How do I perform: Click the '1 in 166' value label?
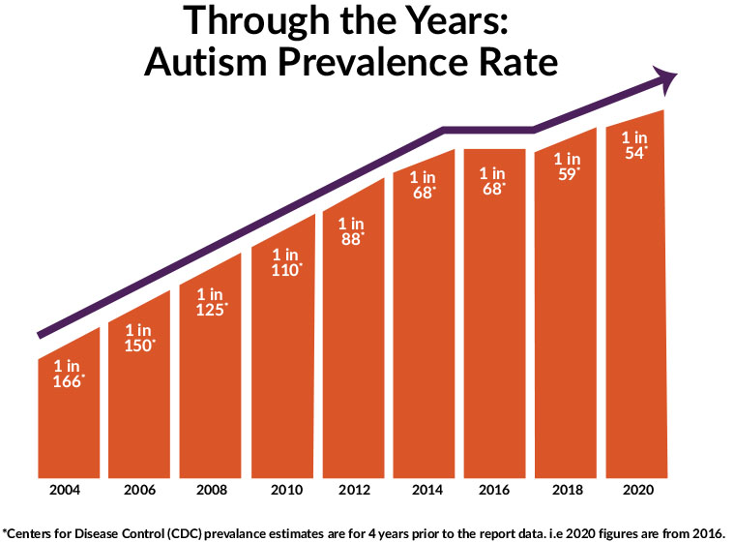69,374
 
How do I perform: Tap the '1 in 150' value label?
139,338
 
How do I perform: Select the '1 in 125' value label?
211,301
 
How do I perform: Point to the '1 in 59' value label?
566,166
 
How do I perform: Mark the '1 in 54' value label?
634,145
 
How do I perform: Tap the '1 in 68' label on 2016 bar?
494,181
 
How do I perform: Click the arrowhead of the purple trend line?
666,79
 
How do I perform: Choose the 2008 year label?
211,492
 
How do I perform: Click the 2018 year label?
567,492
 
